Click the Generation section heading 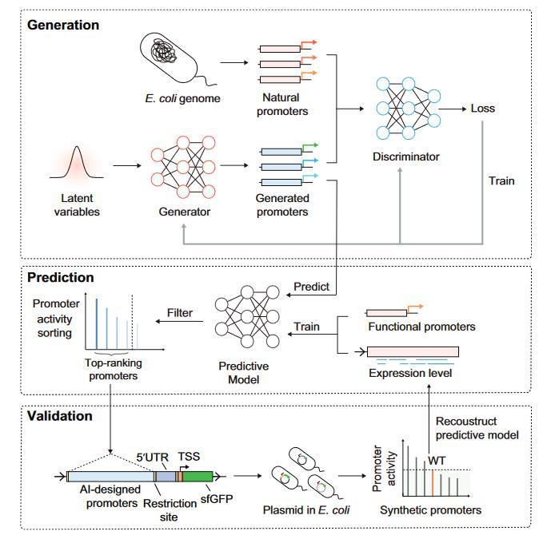(63, 25)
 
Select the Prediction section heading (61, 278)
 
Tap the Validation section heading (60, 416)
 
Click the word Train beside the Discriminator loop (501, 180)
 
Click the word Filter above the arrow (179, 313)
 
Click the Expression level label (411, 372)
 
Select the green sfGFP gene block (198, 477)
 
